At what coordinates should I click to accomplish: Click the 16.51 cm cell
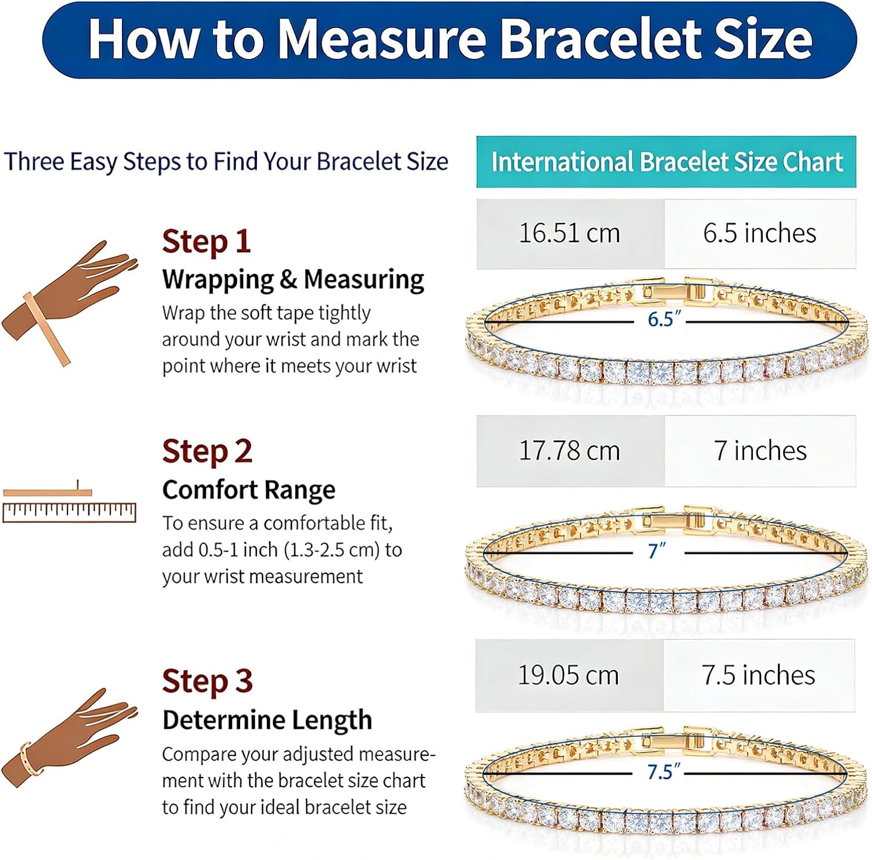[x=570, y=234]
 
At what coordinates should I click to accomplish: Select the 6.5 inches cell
[x=760, y=234]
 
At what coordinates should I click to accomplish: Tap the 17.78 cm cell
[x=570, y=451]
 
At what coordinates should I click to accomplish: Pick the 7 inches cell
[x=760, y=451]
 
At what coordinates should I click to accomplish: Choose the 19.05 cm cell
[x=569, y=675]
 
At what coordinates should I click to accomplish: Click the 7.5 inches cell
[x=759, y=675]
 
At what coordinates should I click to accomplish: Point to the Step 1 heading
[x=206, y=242]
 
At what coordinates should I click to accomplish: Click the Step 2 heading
[x=207, y=451]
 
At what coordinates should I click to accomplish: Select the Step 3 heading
[x=207, y=681]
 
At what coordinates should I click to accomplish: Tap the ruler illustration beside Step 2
[x=69, y=503]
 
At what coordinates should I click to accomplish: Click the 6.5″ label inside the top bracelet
[x=664, y=319]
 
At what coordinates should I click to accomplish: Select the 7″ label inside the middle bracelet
[x=657, y=550]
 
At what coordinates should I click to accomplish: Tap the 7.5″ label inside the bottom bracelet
[x=663, y=772]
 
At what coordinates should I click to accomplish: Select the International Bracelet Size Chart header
[x=666, y=162]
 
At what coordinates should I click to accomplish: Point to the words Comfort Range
[x=249, y=490]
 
